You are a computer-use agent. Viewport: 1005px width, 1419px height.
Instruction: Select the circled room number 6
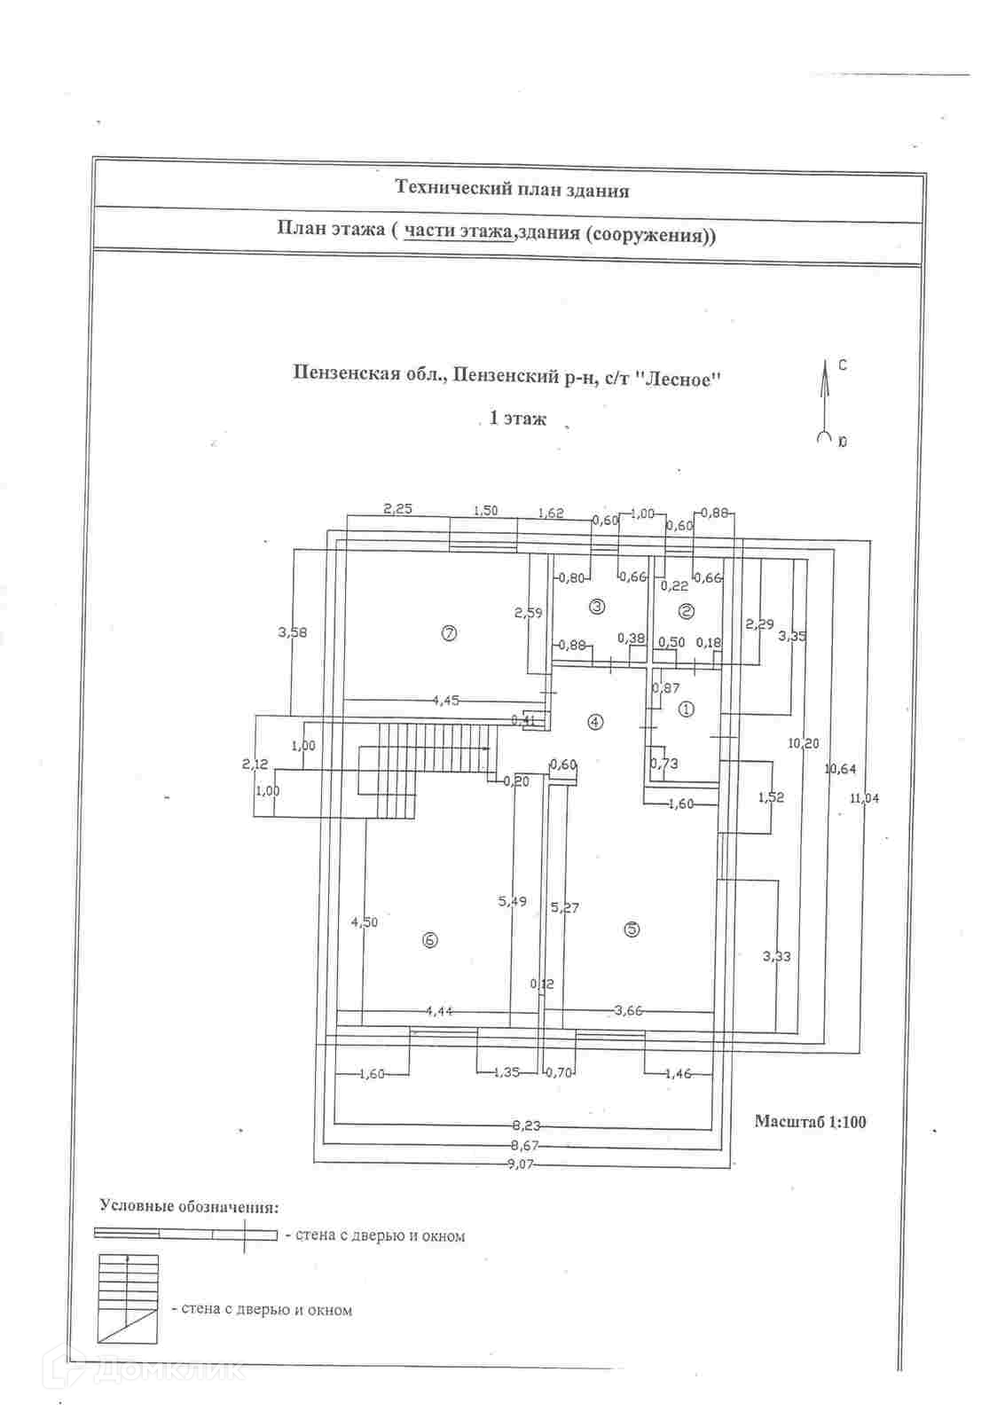[x=430, y=941]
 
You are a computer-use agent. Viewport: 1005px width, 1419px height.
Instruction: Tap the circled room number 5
[x=632, y=929]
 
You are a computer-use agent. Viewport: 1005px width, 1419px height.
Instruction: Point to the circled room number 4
[x=594, y=722]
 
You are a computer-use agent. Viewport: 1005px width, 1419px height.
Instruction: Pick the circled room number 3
[x=597, y=607]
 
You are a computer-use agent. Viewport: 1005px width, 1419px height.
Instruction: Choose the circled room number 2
[x=686, y=610]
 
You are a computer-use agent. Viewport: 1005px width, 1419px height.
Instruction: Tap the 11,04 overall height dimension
[x=864, y=798]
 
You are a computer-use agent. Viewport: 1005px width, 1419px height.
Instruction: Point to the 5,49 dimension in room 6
[x=512, y=901]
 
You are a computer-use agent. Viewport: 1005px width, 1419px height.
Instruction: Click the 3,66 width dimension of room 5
[x=629, y=1010]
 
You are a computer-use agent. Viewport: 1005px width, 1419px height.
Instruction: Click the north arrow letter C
[x=842, y=365]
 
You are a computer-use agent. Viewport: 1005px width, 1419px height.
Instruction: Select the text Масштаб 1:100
[x=810, y=1122]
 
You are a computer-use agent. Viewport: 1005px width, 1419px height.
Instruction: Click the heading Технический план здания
[x=512, y=189]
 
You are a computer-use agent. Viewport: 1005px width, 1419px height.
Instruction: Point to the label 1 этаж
[x=518, y=419]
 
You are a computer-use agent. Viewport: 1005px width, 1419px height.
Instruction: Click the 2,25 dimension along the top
[x=397, y=509]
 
